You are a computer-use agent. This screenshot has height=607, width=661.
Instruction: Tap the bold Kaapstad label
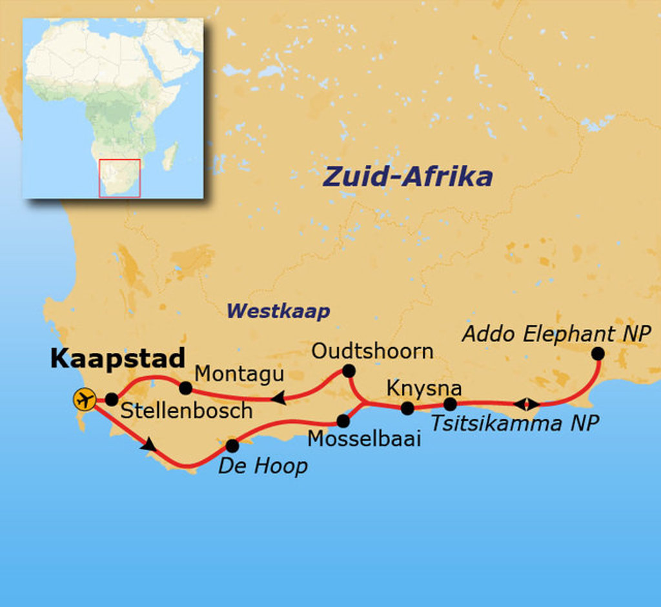pyautogui.click(x=117, y=359)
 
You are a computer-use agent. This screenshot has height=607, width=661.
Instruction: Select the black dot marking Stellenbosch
pyautogui.click(x=111, y=399)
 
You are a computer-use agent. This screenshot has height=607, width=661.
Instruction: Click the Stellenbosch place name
pyautogui.click(x=187, y=410)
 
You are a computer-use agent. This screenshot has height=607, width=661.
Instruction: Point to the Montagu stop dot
pyautogui.click(x=185, y=388)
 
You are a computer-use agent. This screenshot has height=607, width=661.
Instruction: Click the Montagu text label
pyautogui.click(x=239, y=373)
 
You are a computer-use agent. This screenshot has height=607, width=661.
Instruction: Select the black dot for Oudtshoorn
pyautogui.click(x=349, y=371)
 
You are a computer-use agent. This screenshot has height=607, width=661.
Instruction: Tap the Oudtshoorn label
pyautogui.click(x=372, y=351)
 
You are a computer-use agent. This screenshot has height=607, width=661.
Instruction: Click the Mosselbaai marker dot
pyautogui.click(x=343, y=421)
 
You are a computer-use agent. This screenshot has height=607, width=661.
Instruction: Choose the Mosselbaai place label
pyautogui.click(x=364, y=439)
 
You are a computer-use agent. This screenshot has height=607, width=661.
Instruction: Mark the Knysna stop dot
pyautogui.click(x=407, y=408)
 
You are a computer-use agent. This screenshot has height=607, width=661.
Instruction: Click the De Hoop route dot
pyautogui.click(x=232, y=446)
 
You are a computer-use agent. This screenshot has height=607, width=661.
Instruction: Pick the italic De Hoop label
pyautogui.click(x=263, y=466)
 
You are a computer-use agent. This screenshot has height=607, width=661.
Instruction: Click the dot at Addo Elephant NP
pyautogui.click(x=598, y=353)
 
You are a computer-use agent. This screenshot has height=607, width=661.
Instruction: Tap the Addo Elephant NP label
pyautogui.click(x=557, y=334)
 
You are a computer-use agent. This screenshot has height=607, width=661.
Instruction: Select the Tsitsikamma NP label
pyautogui.click(x=514, y=423)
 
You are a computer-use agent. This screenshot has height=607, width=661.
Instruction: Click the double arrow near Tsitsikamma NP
pyautogui.click(x=527, y=404)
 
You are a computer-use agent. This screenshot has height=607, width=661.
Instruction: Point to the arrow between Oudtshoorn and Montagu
pyautogui.click(x=278, y=399)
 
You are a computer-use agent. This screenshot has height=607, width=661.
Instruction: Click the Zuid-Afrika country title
pyautogui.click(x=407, y=176)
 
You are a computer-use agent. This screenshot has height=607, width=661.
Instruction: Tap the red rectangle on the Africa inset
pyautogui.click(x=119, y=178)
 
